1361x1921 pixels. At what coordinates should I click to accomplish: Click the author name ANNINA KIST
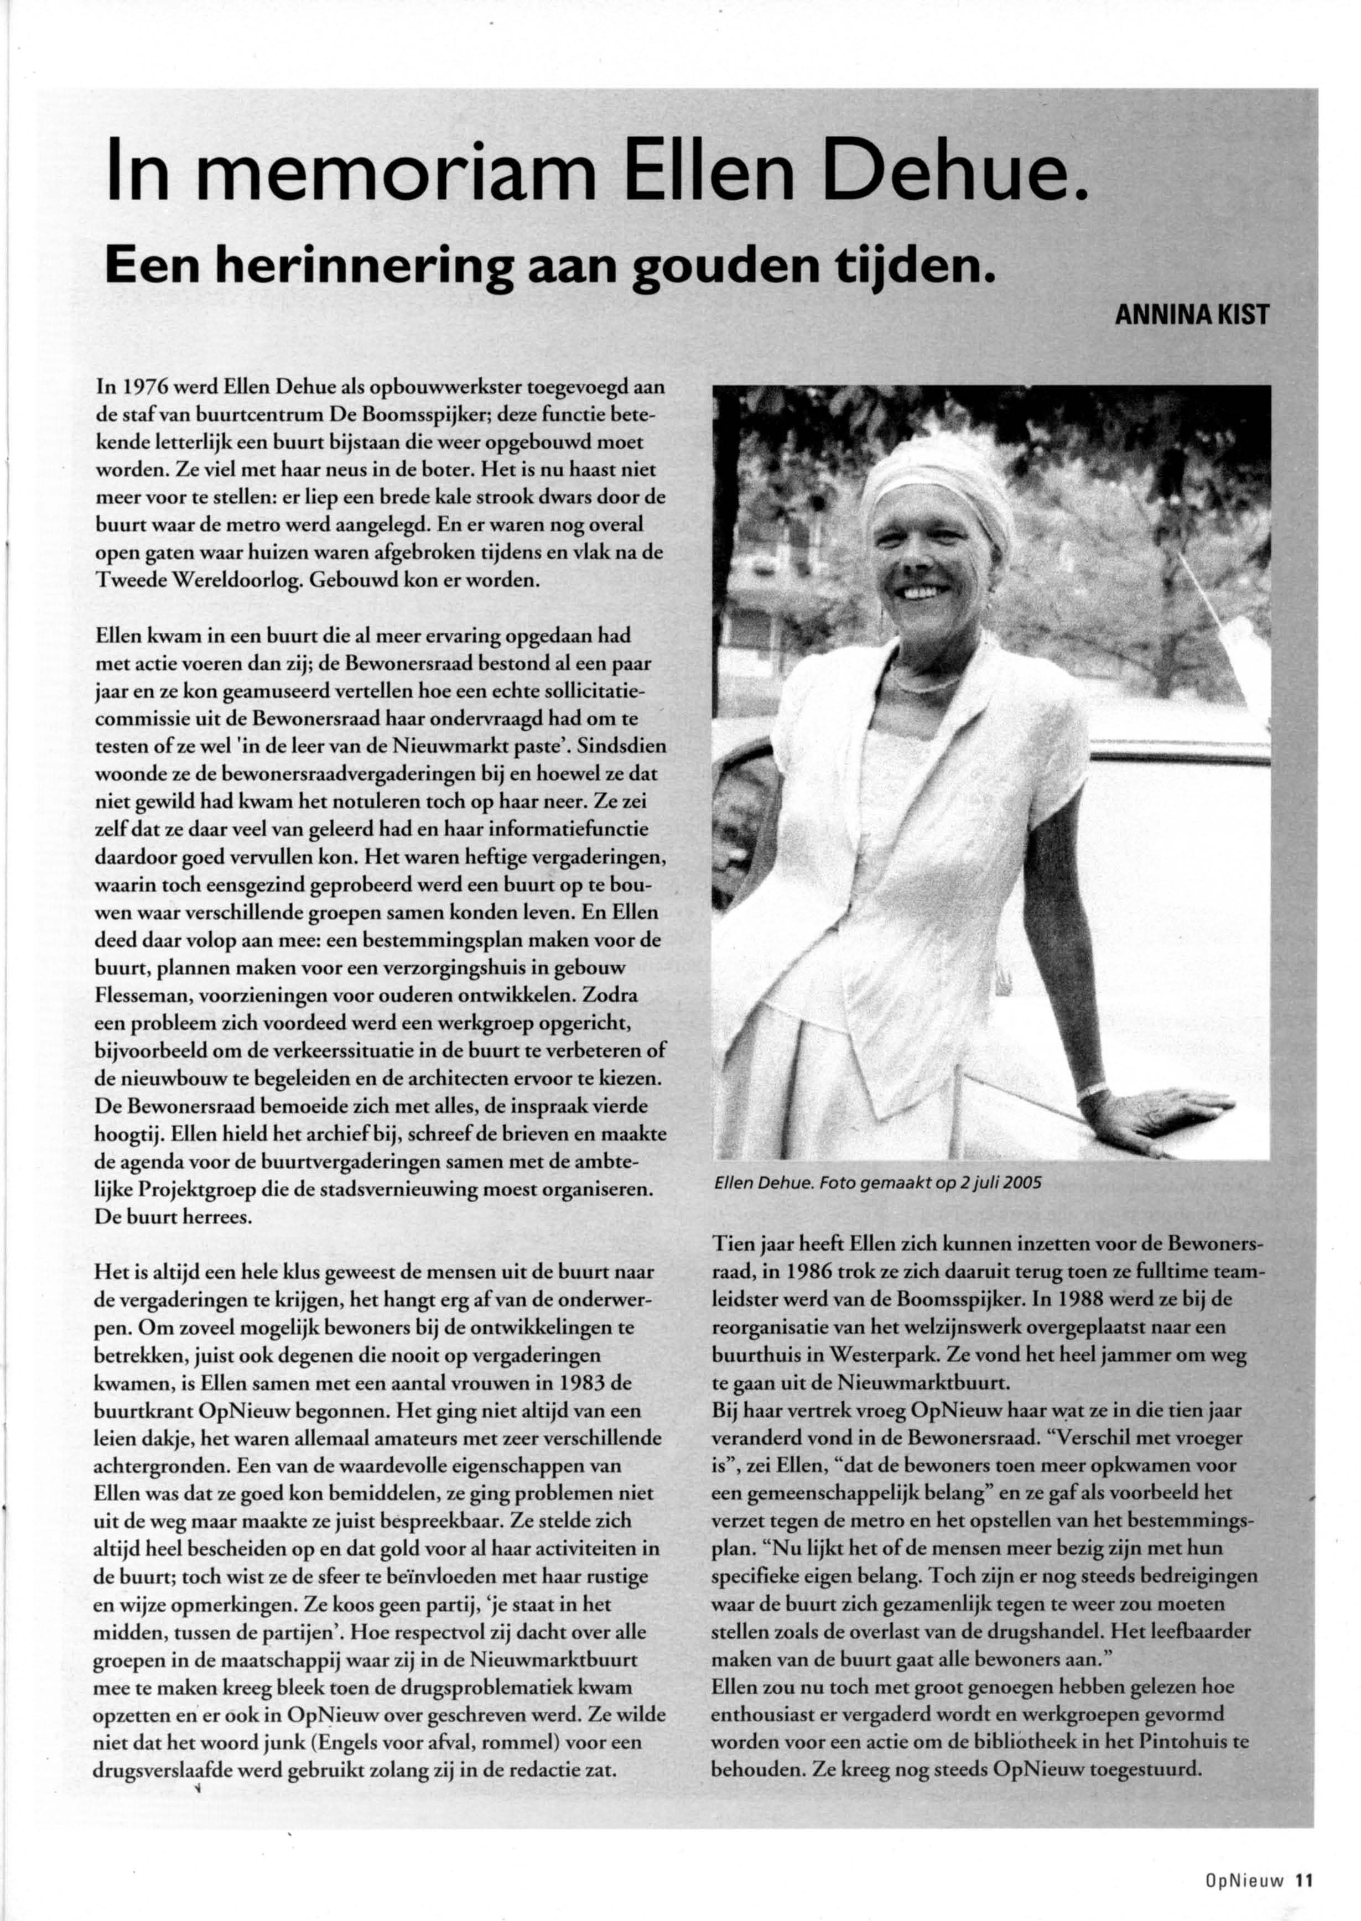1190,317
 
